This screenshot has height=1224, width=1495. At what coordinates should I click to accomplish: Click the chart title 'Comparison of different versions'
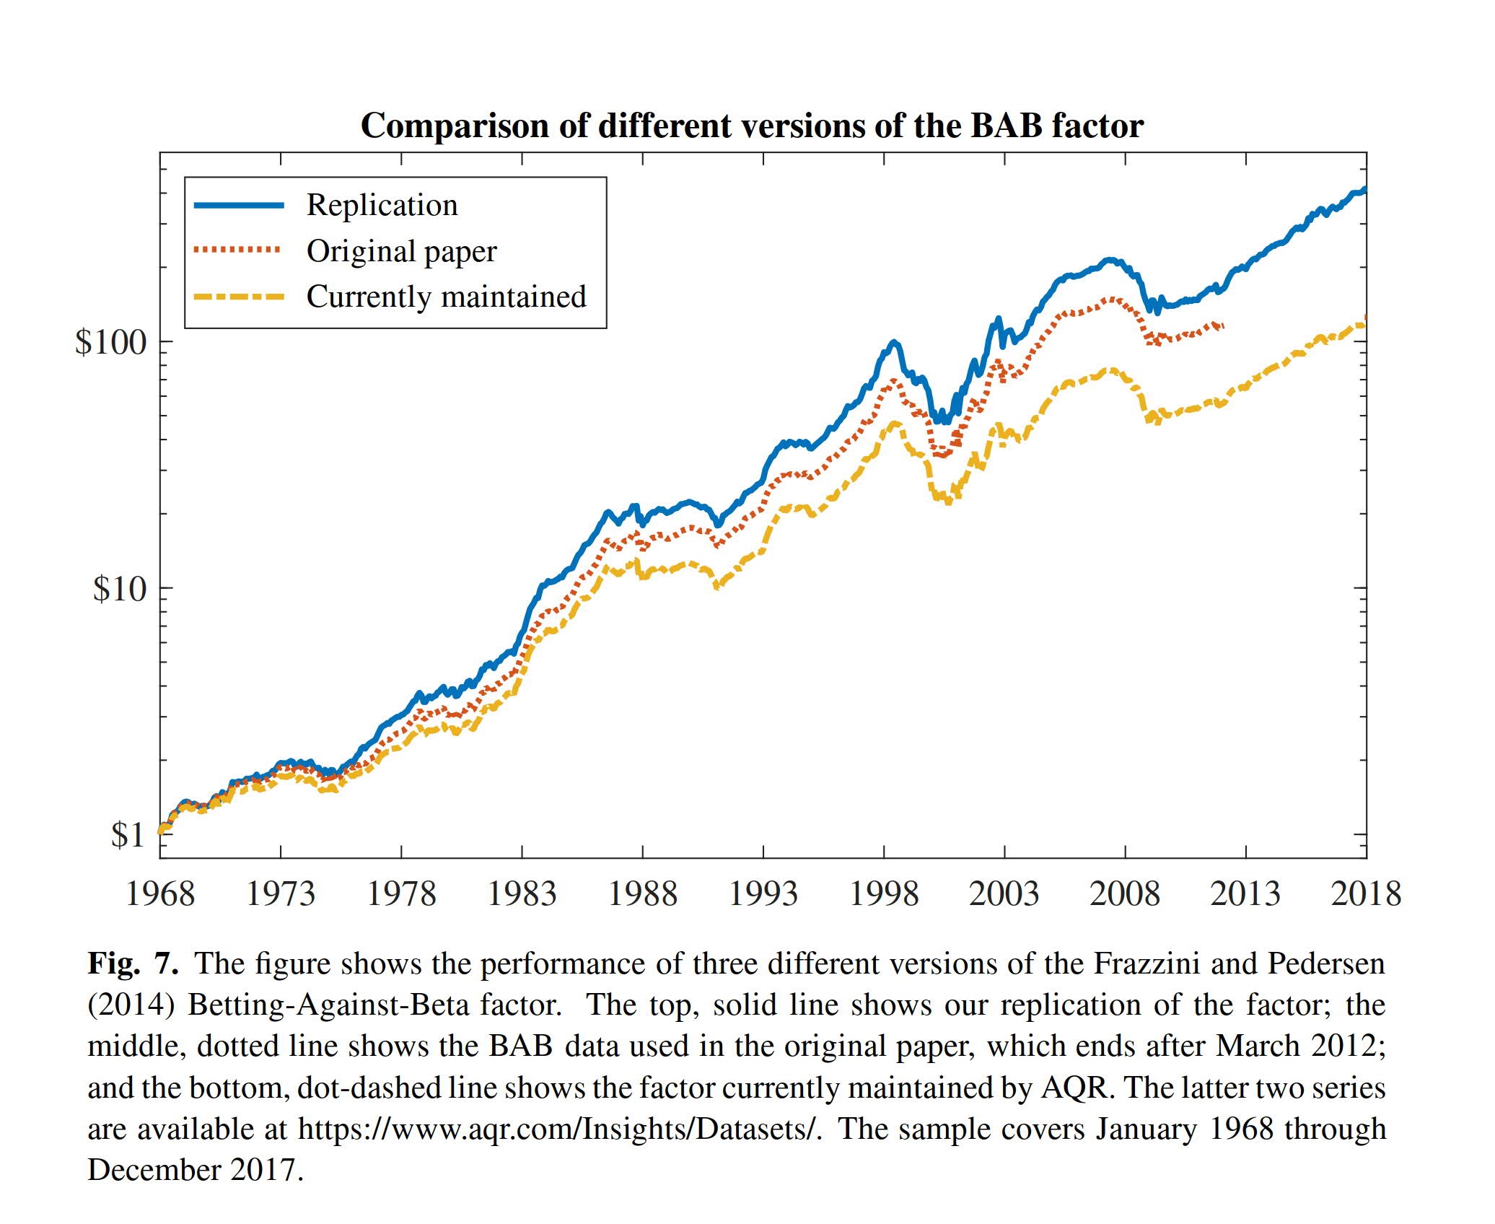coord(751,126)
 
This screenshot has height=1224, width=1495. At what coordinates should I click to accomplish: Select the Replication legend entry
coord(382,205)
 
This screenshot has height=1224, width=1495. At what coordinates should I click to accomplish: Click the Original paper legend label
coord(401,251)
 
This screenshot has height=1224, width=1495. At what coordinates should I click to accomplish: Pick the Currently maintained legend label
coord(446,297)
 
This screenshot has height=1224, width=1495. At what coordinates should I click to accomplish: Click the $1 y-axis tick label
coord(128,835)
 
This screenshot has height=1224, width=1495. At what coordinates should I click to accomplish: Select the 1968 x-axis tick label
coord(160,894)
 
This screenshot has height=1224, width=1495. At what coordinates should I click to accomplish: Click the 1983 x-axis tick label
coord(522,894)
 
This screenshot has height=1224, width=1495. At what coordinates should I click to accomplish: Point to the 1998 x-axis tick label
coord(884,894)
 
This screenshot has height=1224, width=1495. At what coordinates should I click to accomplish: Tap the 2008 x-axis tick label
coord(1125,894)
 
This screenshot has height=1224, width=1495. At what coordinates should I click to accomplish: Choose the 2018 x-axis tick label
coord(1366,894)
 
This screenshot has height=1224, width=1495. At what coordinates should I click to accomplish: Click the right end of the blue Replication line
coord(1364,190)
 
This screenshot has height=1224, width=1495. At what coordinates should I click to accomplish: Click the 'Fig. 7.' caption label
coord(133,963)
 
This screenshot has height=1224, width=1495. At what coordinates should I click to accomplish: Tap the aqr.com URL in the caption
coord(560,1129)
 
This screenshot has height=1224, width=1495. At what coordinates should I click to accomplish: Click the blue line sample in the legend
coord(239,206)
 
